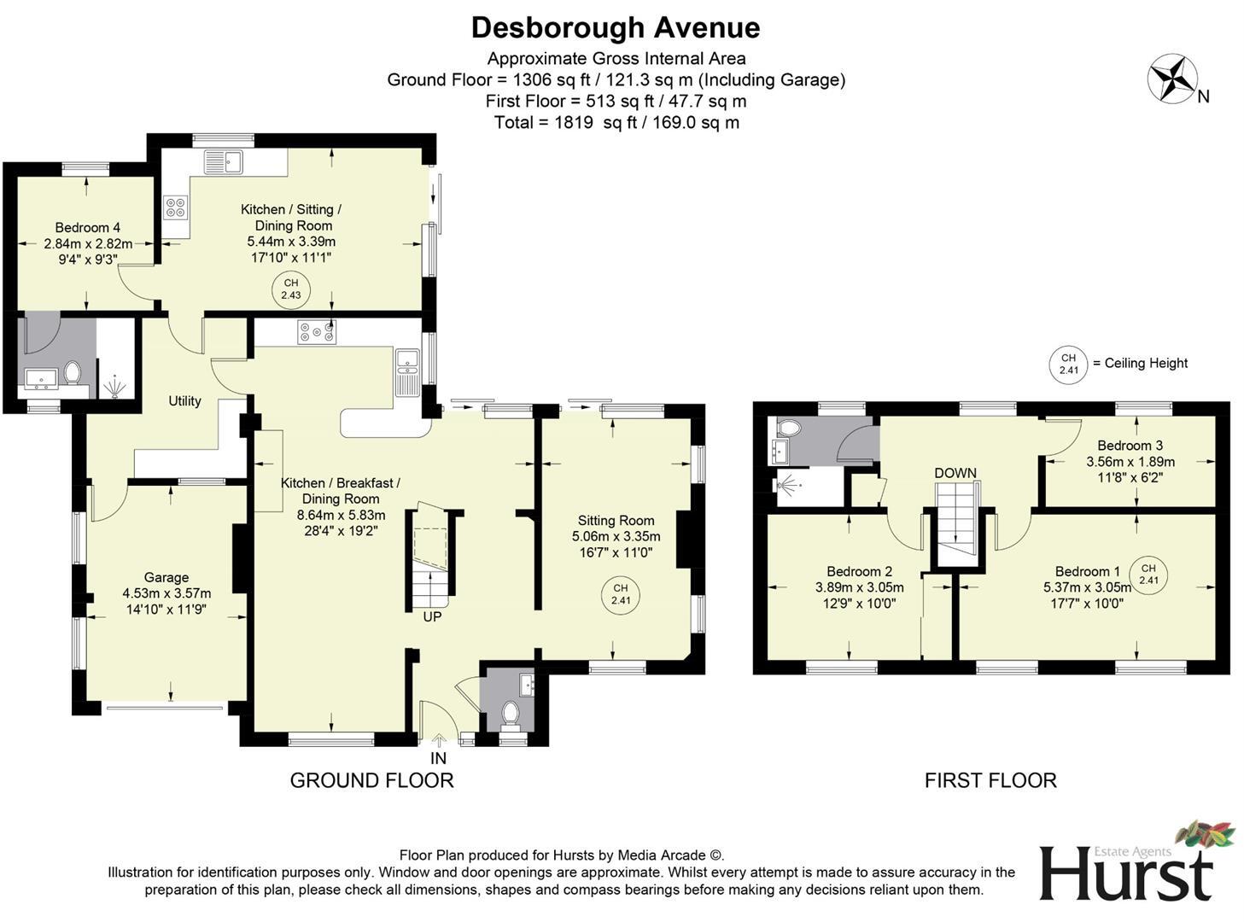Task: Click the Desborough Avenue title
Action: point(615,27)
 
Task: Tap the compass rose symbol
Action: point(1171,79)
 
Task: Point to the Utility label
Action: point(184,400)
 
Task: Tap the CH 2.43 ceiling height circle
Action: point(291,289)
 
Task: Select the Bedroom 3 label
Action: point(1130,445)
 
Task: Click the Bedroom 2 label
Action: point(859,571)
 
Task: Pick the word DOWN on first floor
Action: point(955,473)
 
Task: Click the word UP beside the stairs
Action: point(432,616)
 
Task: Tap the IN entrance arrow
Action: point(439,742)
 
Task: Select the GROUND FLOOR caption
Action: point(371,780)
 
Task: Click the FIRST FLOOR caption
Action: point(990,780)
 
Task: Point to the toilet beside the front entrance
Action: point(511,713)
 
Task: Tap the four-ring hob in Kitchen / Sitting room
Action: point(176,207)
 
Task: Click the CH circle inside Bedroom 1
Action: point(1148,575)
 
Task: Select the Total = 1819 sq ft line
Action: point(616,122)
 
